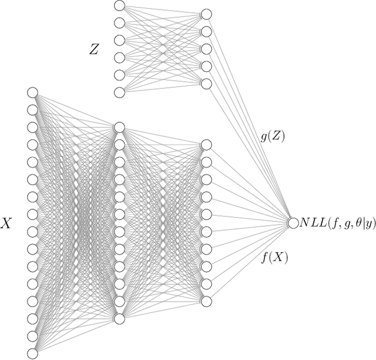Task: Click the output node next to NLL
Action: pyautogui.click(x=293, y=222)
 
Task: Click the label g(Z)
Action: pyautogui.click(x=272, y=135)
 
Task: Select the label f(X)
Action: pyautogui.click(x=274, y=256)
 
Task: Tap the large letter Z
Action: pyautogui.click(x=94, y=49)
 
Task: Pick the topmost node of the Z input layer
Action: pyautogui.click(x=119, y=6)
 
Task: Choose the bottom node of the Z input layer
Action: pyautogui.click(x=119, y=92)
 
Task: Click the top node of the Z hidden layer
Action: pyautogui.click(x=206, y=14)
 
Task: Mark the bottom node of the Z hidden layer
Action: pyautogui.click(x=206, y=84)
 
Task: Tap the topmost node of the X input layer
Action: pyautogui.click(x=32, y=92)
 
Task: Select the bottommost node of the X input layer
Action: pyautogui.click(x=32, y=354)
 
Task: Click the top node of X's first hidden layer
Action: pyautogui.click(x=119, y=127)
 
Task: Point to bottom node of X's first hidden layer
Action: pyautogui.click(x=119, y=318)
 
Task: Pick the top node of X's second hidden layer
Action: pyautogui.click(x=206, y=145)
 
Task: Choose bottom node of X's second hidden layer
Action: pyautogui.click(x=206, y=301)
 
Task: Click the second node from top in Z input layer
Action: pyautogui.click(x=119, y=24)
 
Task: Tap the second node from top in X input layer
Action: pyautogui.click(x=32, y=109)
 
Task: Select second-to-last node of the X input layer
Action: pyautogui.click(x=32, y=336)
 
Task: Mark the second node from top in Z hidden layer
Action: pyautogui.click(x=206, y=31)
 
